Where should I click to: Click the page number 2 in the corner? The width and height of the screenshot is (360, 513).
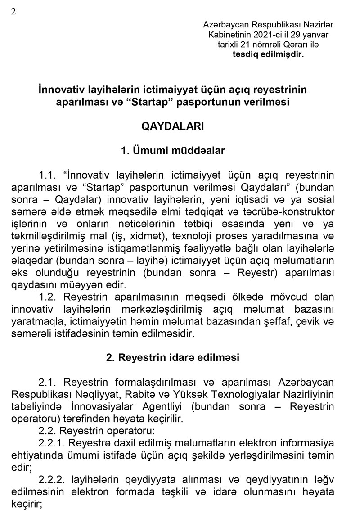[x=13, y=12]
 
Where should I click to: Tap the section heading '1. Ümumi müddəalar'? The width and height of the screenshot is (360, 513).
[x=173, y=151]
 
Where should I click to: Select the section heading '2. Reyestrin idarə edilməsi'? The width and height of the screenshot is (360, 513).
[x=173, y=358]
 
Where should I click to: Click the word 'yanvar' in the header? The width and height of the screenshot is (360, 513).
[x=316, y=35]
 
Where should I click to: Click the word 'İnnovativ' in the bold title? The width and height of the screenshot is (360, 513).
[x=61, y=90]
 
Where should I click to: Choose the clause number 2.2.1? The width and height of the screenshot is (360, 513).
[x=51, y=443]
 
